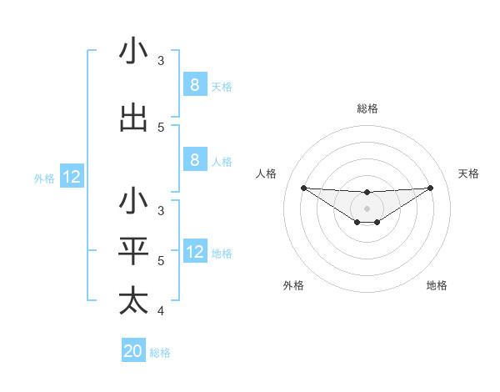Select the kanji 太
(133, 301)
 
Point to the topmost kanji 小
(133, 52)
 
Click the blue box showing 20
(133, 351)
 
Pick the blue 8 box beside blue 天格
(194, 85)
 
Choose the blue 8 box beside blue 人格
(194, 160)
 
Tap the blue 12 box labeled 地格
(194, 252)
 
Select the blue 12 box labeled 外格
(72, 177)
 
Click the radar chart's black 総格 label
(367, 108)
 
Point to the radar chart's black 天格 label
(468, 173)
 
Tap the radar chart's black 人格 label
(266, 173)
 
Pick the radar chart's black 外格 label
(293, 285)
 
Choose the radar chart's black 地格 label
(437, 285)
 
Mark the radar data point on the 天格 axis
(430, 188)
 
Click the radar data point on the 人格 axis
(303, 188)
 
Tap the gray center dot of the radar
(367, 209)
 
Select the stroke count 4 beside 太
(160, 312)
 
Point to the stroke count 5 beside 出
(161, 128)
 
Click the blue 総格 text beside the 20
(160, 353)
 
